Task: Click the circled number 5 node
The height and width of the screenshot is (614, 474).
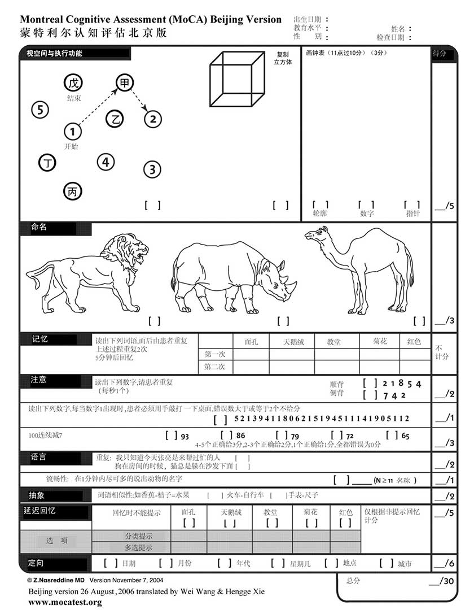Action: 39,110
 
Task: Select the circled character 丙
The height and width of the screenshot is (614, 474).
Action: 73,192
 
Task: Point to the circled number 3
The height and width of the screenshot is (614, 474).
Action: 152,169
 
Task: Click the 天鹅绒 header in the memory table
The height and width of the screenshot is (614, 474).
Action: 293,341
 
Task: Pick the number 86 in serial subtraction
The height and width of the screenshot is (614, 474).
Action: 240,436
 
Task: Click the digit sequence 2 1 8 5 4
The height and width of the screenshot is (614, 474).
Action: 401,384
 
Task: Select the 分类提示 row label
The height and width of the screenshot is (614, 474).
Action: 138,536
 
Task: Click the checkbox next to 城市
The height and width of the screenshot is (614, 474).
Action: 387,563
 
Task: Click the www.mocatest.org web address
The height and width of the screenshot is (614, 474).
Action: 65,603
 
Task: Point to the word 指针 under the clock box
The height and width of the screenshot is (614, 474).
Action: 412,214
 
